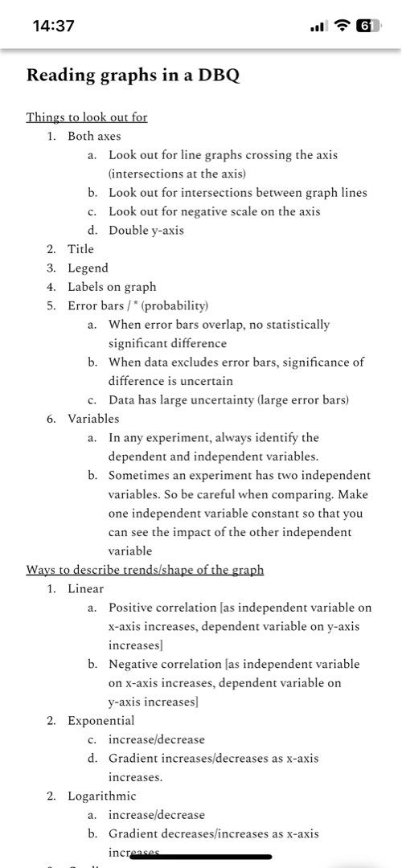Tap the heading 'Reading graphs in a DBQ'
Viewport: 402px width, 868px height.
coord(133,76)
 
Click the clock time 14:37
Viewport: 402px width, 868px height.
coord(54,26)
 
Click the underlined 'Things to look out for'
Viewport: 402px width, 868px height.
coord(87,117)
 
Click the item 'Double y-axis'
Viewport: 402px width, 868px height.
coord(146,230)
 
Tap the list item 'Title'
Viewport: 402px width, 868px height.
coord(80,249)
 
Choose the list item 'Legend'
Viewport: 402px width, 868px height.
coord(88,268)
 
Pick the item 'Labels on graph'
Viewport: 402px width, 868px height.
coord(112,286)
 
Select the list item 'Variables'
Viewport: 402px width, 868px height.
coord(93,418)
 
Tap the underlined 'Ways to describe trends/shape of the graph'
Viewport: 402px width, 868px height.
coord(145,570)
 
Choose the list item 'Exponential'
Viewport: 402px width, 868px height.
coord(101,720)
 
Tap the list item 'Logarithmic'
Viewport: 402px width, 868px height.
coord(102,796)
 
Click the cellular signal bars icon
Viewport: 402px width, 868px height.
coord(318,26)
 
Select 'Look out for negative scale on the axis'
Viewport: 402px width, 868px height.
coord(215,211)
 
